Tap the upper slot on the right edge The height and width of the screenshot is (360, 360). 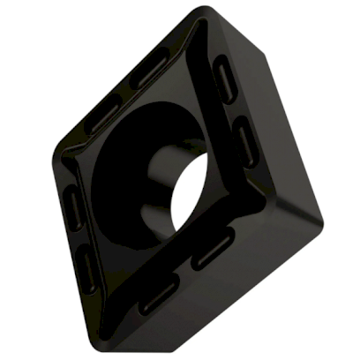pyautogui.click(x=227, y=81)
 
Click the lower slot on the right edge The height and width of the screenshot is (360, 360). pyautogui.click(x=246, y=140)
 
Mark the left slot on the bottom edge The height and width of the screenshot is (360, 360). pyautogui.click(x=160, y=294)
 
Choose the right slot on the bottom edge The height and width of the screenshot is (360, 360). pyautogui.click(x=213, y=248)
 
